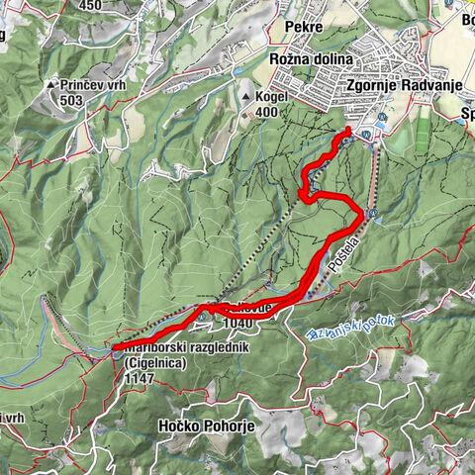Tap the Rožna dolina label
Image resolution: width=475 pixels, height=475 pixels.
click(312, 59)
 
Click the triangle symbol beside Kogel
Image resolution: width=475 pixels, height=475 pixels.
click(246, 98)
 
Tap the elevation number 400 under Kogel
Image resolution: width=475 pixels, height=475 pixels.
click(264, 114)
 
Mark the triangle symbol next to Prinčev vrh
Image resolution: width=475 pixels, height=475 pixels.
click(50, 86)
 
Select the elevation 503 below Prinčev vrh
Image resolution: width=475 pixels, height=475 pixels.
click(70, 100)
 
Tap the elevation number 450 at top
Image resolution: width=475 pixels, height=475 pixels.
click(91, 5)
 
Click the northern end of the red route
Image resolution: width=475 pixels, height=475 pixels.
click(349, 131)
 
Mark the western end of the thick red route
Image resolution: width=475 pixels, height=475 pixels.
click(116, 347)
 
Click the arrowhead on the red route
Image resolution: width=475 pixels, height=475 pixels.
click(304, 192)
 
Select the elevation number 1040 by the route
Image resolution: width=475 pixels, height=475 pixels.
click(238, 322)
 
